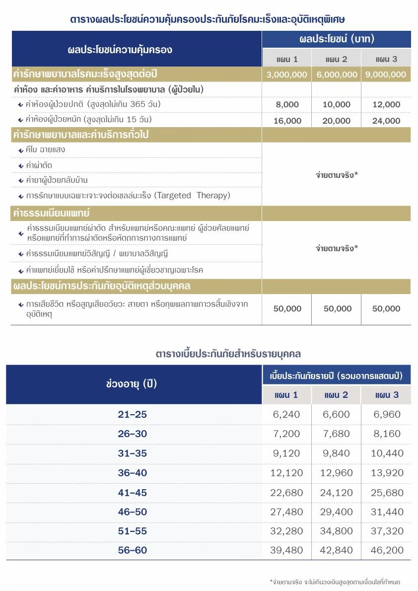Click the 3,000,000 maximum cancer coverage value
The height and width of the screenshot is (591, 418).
(x=286, y=74)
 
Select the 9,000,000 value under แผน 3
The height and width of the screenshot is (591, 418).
(x=386, y=74)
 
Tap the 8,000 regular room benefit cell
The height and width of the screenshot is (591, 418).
(x=286, y=105)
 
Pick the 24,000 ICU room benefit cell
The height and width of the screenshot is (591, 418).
(x=386, y=121)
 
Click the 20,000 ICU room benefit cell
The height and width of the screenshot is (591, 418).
(x=336, y=121)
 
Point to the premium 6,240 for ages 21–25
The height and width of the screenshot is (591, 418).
(x=286, y=415)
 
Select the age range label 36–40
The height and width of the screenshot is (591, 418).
(x=133, y=473)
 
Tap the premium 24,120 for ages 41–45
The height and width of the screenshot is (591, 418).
(x=336, y=492)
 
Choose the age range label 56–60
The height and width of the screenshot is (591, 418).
(x=133, y=550)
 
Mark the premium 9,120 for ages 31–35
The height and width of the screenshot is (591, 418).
(x=286, y=453)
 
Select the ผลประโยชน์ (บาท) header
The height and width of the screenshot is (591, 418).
(x=337, y=39)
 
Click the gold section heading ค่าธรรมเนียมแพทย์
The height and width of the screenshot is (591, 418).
(x=51, y=214)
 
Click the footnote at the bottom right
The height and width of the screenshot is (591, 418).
(x=335, y=582)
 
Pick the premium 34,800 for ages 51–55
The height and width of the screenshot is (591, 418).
(x=336, y=531)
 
